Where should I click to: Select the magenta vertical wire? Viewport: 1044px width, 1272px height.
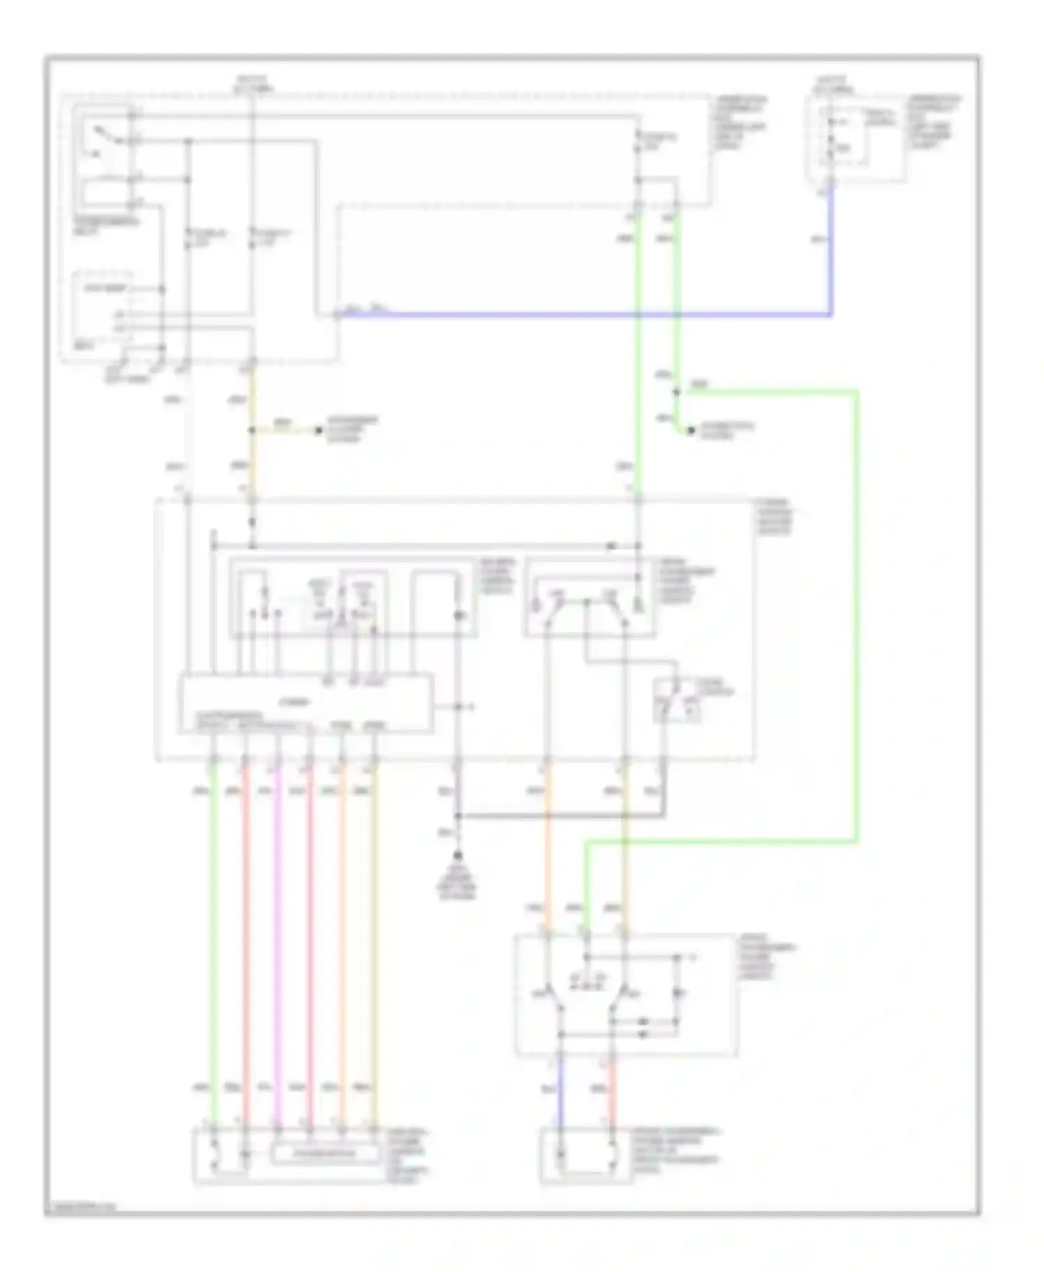pos(278,939)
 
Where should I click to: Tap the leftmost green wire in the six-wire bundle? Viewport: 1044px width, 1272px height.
pos(214,939)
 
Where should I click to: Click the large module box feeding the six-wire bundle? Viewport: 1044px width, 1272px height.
pos(306,703)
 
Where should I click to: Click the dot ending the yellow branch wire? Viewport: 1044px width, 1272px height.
pos(319,431)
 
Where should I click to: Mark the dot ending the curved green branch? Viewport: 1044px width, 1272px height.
pos(690,431)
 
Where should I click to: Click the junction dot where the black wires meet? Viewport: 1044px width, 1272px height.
pos(458,816)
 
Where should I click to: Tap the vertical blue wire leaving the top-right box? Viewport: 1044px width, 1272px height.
pos(830,251)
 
